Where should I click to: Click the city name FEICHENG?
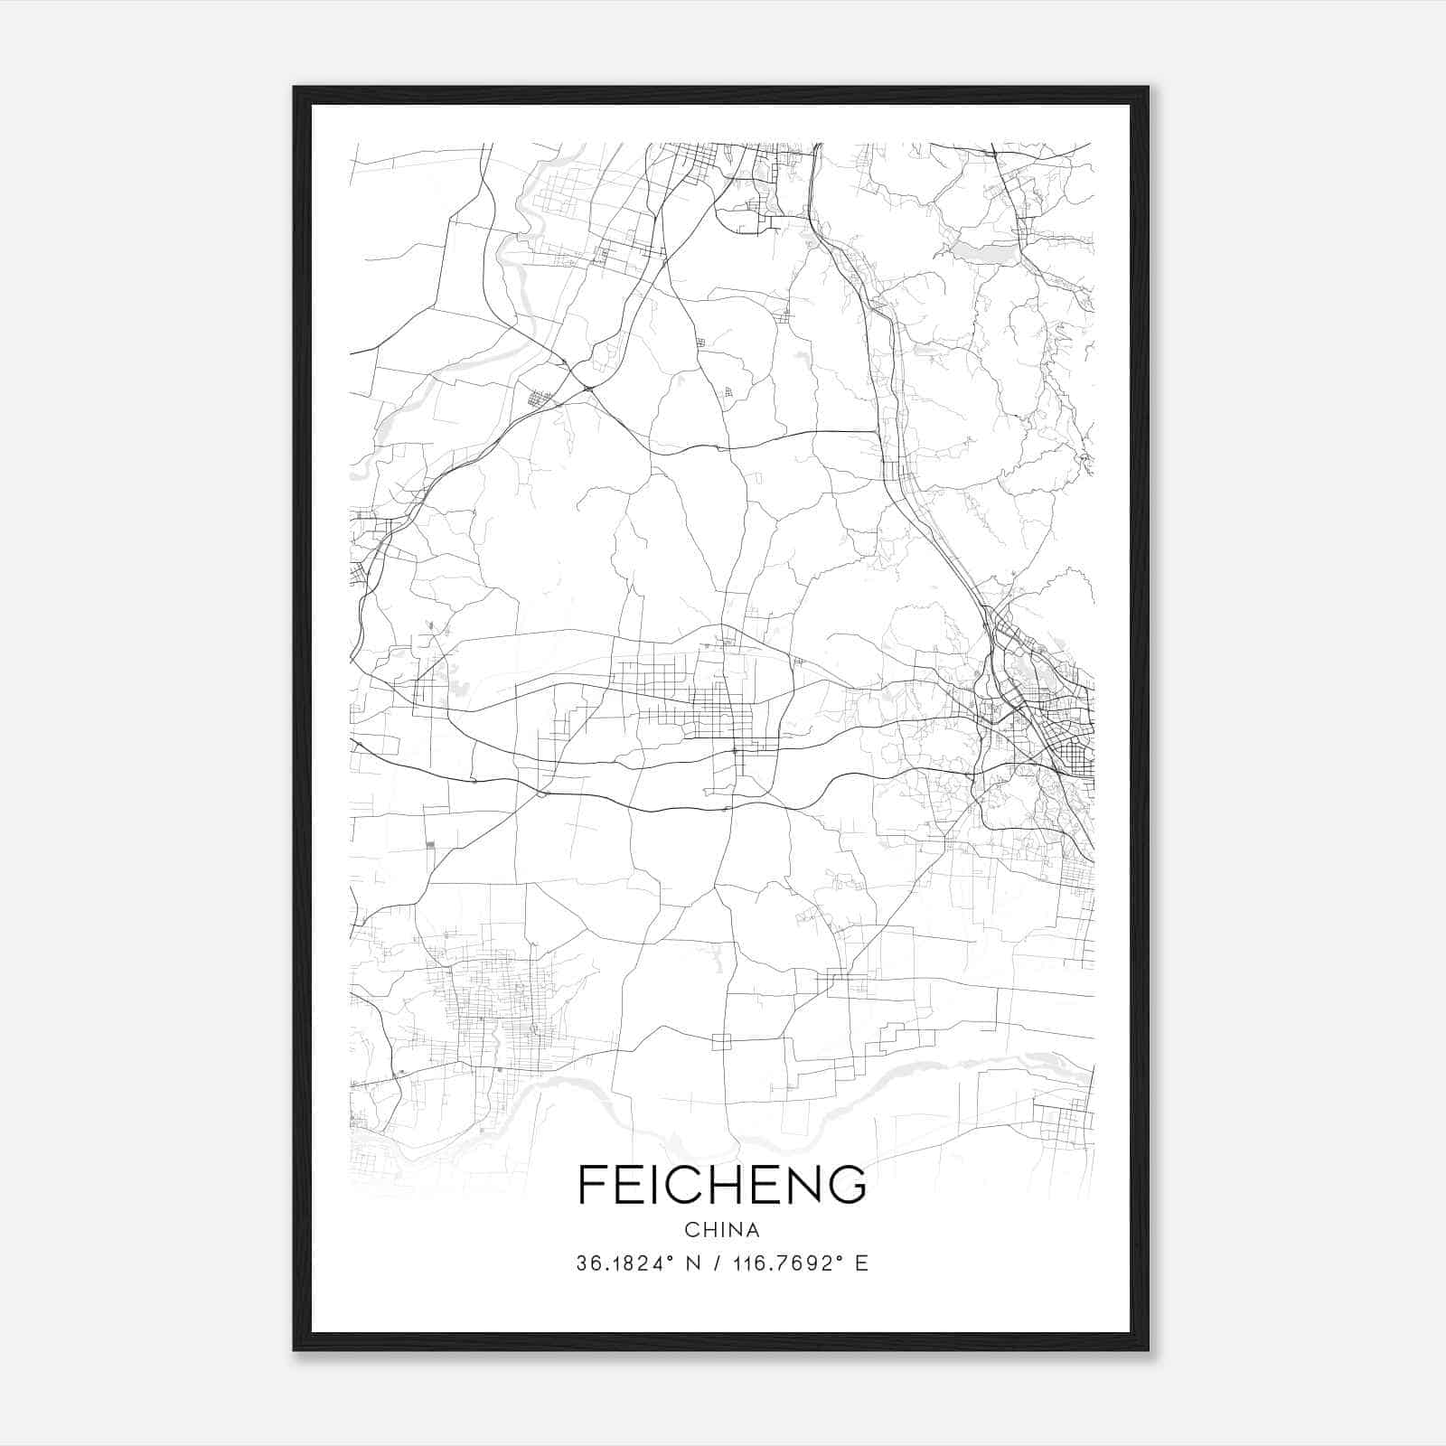coord(721,1184)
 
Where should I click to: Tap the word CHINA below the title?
coord(721,1230)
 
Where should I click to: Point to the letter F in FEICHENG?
coord(591,1184)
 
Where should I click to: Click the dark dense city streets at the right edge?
coord(1066,723)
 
